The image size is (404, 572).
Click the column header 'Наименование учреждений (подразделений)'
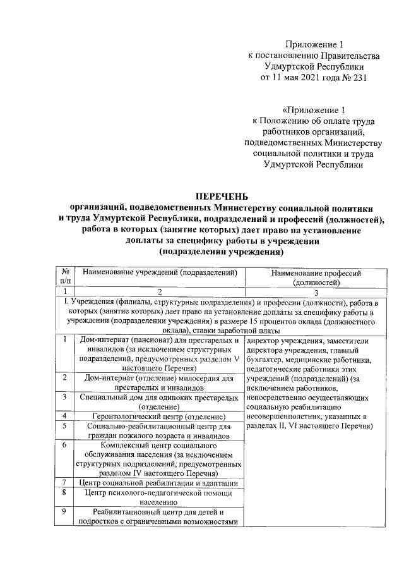click(159, 273)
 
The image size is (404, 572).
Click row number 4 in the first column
click(65, 416)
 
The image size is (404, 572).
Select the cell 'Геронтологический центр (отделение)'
click(159, 416)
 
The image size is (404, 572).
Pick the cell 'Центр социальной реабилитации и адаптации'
click(159, 484)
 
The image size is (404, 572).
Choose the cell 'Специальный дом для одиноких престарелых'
click(159, 401)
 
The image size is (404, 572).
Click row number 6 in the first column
click(65, 445)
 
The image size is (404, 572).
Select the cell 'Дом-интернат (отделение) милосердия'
click(159, 382)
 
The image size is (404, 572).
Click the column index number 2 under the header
click(159, 292)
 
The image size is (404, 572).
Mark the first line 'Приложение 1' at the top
click(315, 45)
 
